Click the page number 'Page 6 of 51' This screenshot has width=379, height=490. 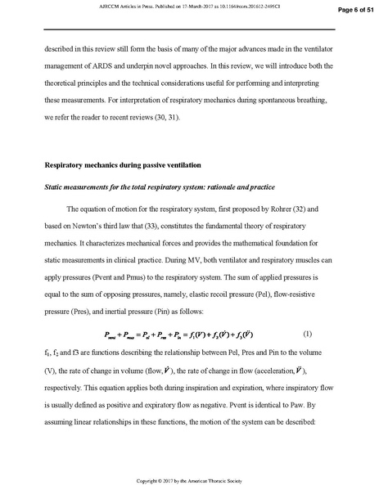pos(350,9)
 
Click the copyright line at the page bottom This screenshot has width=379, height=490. pos(189,479)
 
